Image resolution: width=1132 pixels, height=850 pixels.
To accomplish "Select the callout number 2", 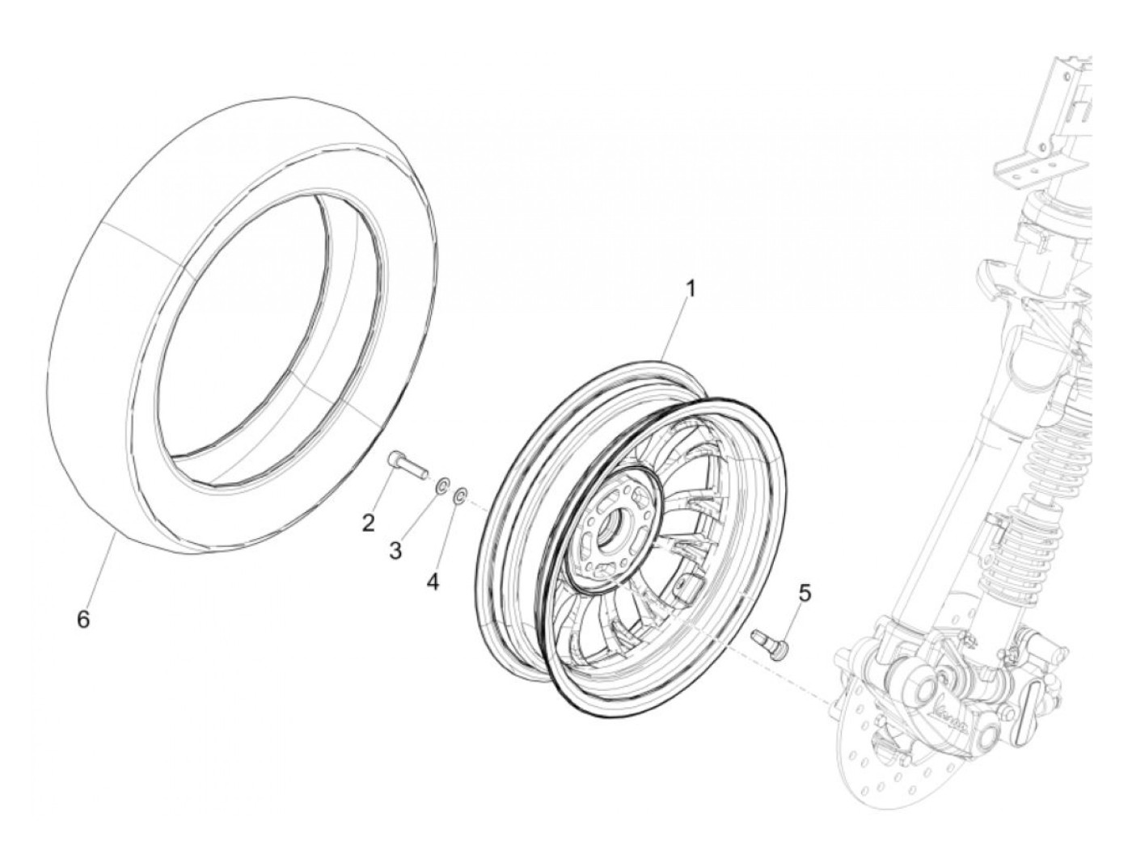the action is pyautogui.click(x=368, y=524).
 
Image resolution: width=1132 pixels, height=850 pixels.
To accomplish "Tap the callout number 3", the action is pyautogui.click(x=395, y=551).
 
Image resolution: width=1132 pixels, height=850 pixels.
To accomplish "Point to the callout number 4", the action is pyautogui.click(x=433, y=581).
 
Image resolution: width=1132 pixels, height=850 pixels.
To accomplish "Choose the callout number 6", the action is pyautogui.click(x=82, y=620).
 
